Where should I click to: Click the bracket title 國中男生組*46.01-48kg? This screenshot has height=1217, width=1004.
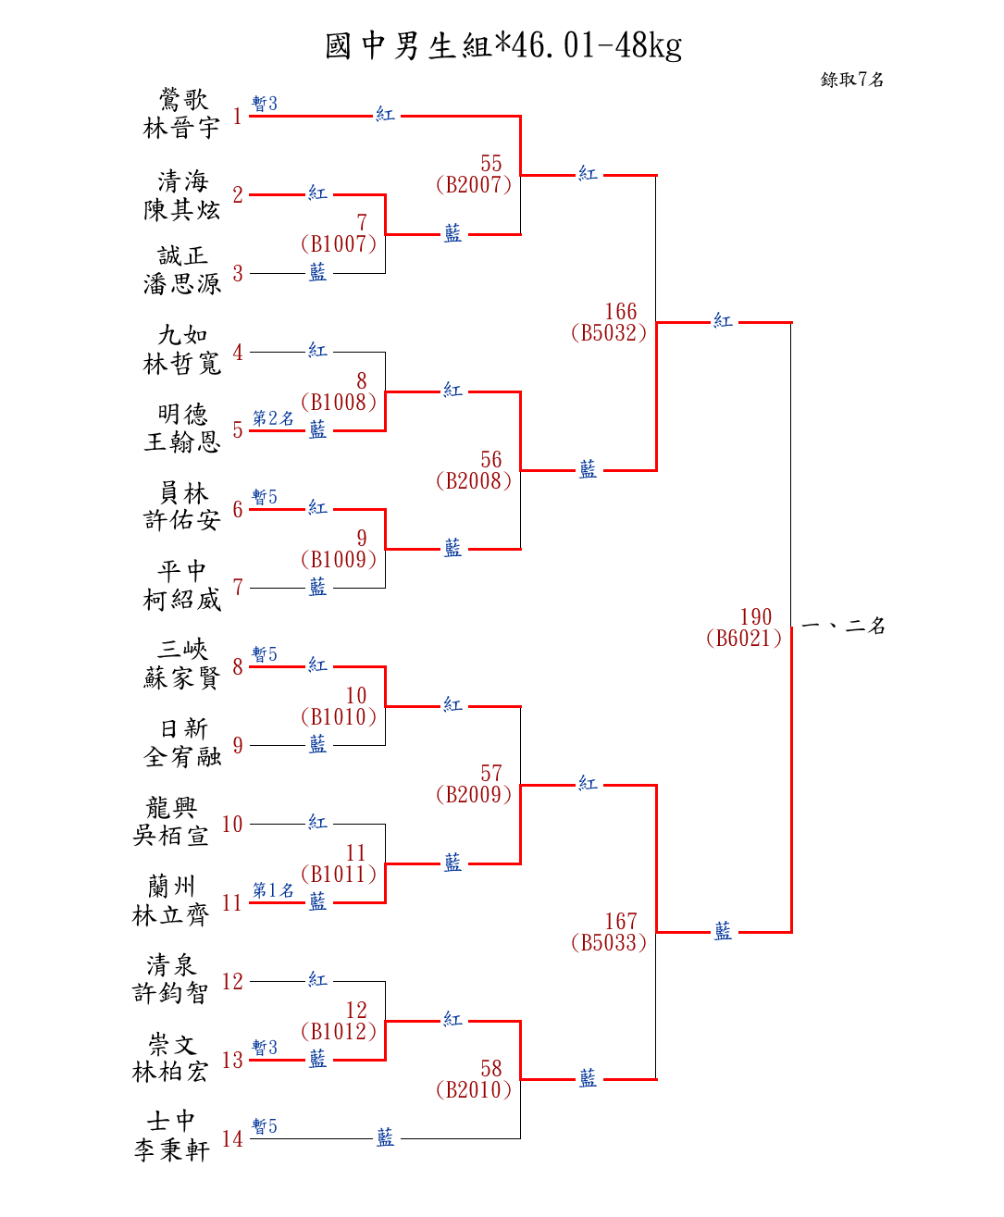pos(502,45)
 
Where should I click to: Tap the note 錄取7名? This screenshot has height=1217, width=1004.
pos(851,80)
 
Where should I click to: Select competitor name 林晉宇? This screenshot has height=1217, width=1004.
pos(181,128)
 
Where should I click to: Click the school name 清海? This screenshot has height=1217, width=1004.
pos(182,180)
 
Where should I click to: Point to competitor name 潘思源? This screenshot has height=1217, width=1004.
pos(181,284)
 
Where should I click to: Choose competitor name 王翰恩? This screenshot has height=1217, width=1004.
pos(181,441)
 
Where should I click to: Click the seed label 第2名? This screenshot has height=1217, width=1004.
pos(273,418)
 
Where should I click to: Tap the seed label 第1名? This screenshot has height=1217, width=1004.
pos(273,890)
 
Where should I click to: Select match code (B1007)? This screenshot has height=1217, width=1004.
pos(339,244)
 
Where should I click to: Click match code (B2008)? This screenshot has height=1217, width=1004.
pos(474,481)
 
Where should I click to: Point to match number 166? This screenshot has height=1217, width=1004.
pos(621,312)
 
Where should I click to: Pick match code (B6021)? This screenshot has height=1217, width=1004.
pos(744,639)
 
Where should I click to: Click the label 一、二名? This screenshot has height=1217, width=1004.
pos(843,626)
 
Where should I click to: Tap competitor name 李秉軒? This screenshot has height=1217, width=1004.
pos(172,1150)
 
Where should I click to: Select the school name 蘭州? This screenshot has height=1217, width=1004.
pos(172,887)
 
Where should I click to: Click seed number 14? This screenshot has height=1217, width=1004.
pos(232,1139)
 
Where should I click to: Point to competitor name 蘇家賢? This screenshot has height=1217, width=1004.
pos(181,678)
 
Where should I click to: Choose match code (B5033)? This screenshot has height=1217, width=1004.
pos(609,943)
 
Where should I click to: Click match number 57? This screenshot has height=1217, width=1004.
pos(491,774)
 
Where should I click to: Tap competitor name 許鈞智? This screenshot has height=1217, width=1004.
pos(170,993)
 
